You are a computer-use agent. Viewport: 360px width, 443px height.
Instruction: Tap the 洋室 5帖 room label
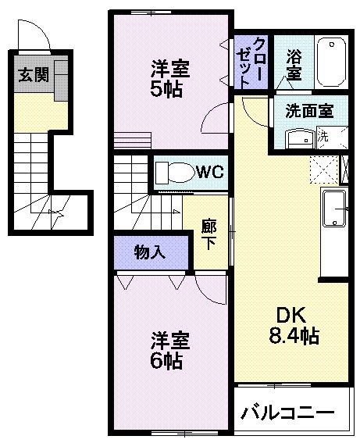(x=169, y=78)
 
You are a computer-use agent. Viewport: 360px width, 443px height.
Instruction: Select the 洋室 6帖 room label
(x=169, y=351)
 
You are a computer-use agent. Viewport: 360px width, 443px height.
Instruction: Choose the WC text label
(x=210, y=171)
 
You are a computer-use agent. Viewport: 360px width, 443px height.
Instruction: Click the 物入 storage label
(x=149, y=252)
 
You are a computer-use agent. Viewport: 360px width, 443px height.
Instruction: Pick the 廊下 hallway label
(x=209, y=232)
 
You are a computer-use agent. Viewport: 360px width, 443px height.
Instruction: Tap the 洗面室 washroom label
(x=308, y=111)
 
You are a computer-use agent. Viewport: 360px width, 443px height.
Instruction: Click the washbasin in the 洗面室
(x=298, y=138)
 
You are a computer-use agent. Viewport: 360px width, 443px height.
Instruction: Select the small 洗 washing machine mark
(x=323, y=136)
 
